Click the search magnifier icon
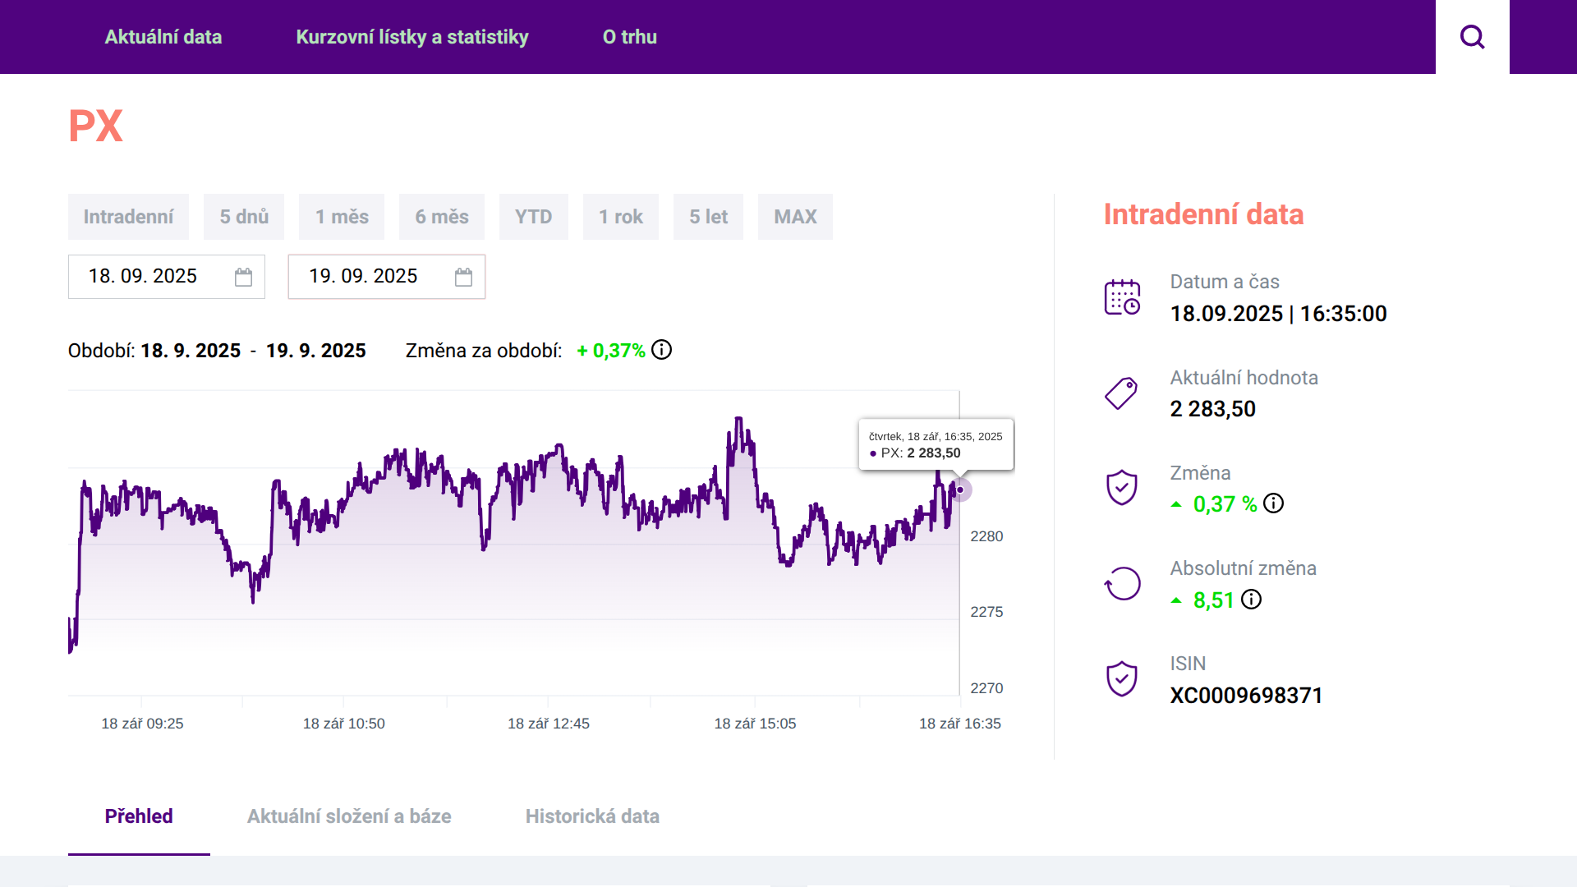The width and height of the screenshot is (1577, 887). tap(1472, 37)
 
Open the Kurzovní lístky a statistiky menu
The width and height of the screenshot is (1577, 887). tap(412, 37)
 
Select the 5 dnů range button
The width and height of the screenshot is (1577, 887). tap(244, 217)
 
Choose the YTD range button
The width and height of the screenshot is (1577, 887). tap(534, 217)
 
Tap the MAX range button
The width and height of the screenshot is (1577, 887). tap(795, 217)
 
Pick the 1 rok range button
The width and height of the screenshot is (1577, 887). tap(621, 217)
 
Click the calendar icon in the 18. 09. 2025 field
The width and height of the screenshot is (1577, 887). tap(243, 277)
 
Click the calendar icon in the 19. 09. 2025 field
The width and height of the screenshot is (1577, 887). tap(463, 277)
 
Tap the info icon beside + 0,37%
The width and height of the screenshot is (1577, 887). tap(661, 350)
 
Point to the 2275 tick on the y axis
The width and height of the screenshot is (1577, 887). tap(986, 612)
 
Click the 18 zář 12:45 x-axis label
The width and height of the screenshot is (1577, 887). tap(549, 724)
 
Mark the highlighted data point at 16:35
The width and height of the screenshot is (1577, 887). tap(959, 489)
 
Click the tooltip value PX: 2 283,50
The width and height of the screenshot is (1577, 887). tap(915, 453)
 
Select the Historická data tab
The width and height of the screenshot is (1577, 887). tap(592, 816)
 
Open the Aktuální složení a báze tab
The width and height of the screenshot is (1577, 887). tap(349, 816)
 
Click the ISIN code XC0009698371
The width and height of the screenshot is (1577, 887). tap(1246, 696)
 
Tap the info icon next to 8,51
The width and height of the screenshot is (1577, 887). tap(1251, 600)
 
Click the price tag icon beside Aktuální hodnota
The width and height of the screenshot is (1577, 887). tap(1121, 393)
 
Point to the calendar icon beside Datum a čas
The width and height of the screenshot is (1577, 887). tap(1122, 297)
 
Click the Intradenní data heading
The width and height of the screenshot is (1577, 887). tap(1203, 214)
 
